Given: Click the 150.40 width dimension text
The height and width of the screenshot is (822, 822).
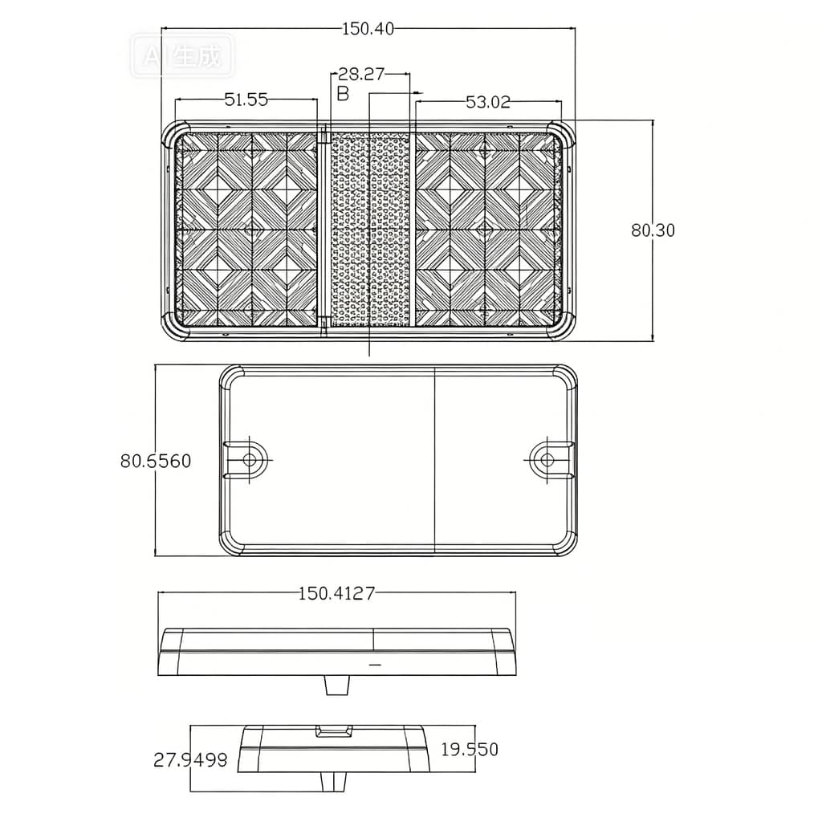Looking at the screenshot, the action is coord(368,29).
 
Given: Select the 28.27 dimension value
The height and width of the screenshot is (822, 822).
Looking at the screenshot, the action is coord(361,74).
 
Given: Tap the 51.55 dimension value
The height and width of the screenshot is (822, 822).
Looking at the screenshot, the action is coord(246,99).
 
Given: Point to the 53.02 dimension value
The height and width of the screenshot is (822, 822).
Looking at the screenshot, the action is coord(487,102).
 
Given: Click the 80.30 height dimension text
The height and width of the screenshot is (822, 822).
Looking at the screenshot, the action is coord(653,230).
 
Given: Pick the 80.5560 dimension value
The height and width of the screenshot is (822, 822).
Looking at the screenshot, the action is coord(156,461).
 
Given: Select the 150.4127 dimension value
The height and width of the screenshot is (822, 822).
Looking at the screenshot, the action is coord(336,593).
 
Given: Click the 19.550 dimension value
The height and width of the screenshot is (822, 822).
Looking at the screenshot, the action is coord(469,749).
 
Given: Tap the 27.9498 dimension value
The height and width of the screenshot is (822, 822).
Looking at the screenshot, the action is coord(190,759).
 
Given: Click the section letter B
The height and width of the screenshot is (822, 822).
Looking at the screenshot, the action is coord(343,94).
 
